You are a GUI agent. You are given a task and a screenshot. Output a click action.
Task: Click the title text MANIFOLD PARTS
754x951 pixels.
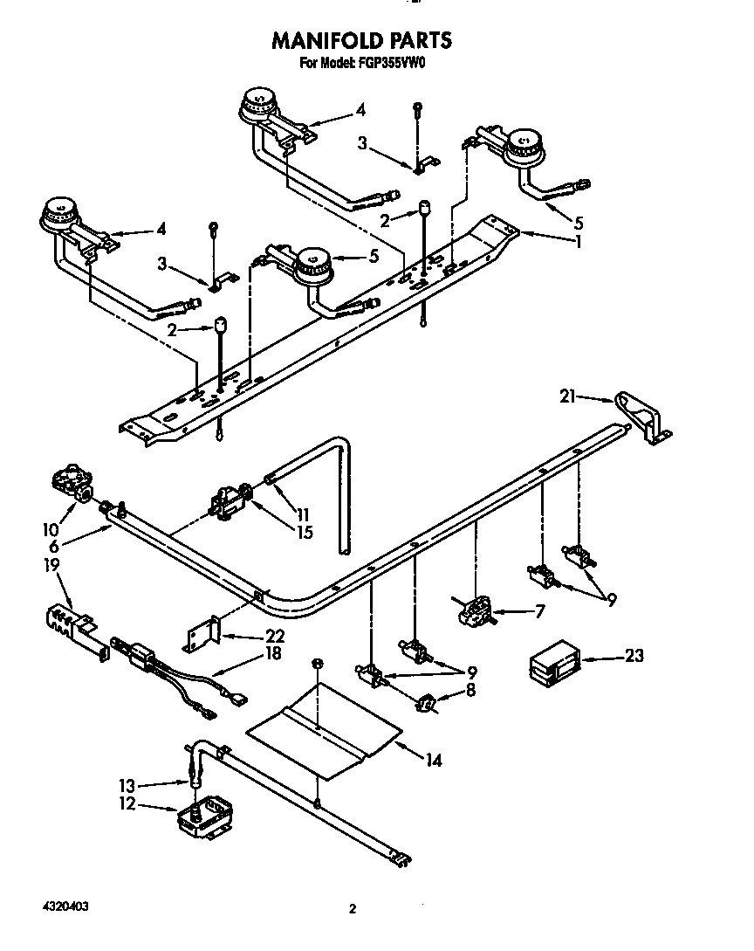coord(362,40)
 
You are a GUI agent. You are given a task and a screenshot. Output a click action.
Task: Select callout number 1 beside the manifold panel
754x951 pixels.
coord(577,242)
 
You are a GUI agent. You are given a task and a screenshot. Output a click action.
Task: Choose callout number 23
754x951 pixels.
coord(634,655)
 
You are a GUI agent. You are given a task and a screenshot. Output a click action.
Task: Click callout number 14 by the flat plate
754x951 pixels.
coord(432,761)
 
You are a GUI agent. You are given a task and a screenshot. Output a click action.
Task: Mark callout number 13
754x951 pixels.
coord(126,784)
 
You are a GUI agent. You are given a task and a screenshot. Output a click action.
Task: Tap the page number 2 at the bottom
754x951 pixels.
coord(353,909)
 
